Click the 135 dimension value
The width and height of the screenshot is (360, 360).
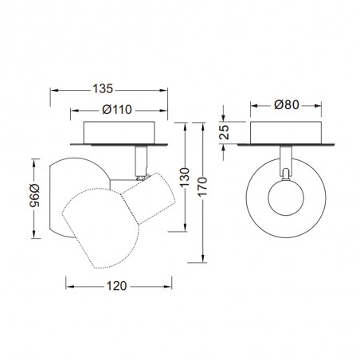(103, 88)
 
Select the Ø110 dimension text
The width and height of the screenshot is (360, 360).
(117, 109)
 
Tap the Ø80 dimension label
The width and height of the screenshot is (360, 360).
(287, 105)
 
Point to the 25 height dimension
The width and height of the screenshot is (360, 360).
(225, 132)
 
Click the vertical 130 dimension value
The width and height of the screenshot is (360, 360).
(185, 177)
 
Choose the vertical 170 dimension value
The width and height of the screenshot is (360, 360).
(202, 187)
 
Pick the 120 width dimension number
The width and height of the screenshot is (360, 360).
(116, 286)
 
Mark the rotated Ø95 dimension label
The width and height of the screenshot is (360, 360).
(35, 196)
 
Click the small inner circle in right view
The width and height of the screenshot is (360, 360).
(286, 198)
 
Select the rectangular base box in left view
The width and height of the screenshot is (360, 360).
(119, 133)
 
